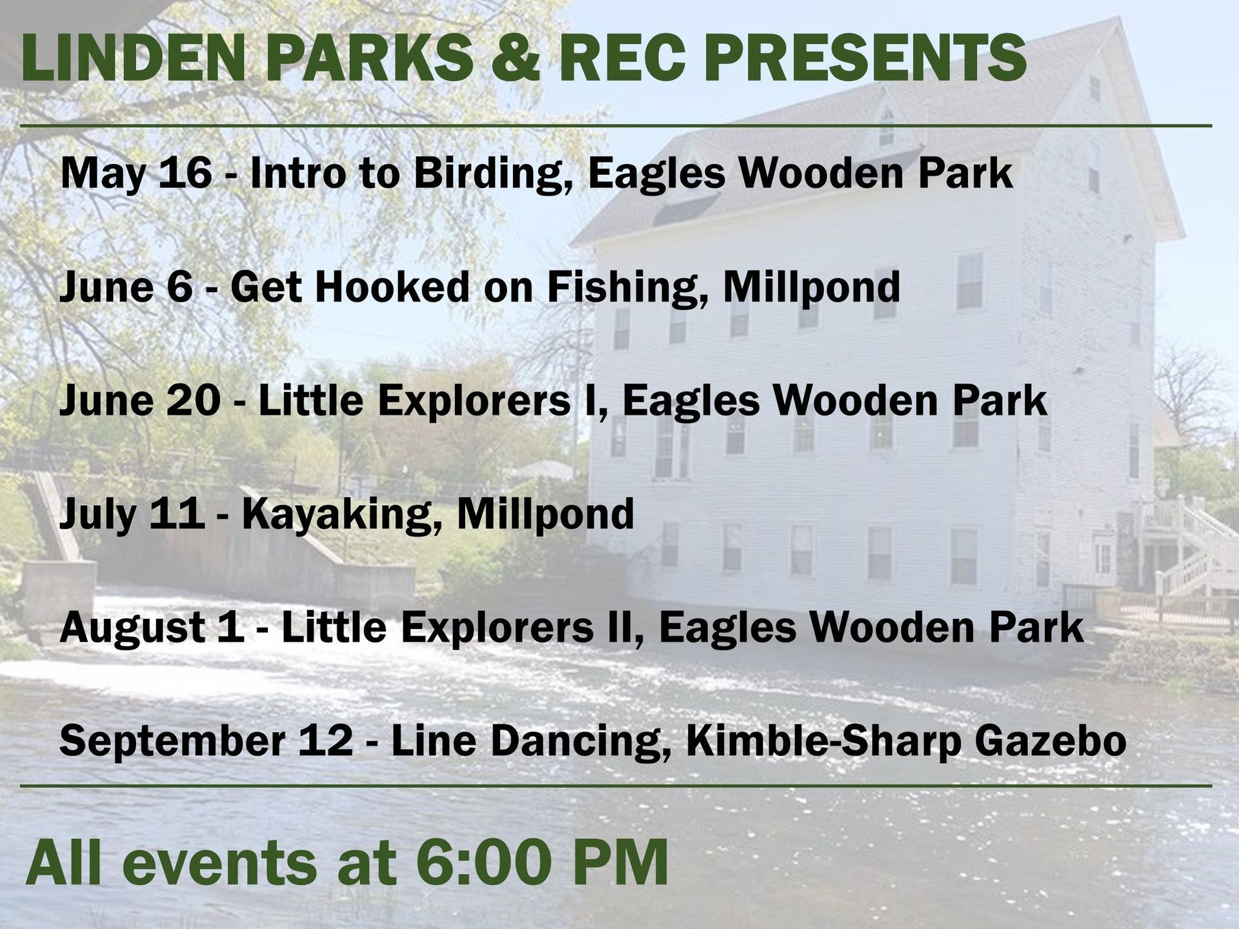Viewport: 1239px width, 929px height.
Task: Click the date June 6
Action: tap(126, 287)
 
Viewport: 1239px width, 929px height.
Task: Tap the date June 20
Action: tap(139, 401)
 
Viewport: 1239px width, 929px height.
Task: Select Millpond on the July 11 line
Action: tap(545, 514)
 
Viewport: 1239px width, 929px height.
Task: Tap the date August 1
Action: tap(152, 628)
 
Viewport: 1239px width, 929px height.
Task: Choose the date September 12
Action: tap(206, 741)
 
